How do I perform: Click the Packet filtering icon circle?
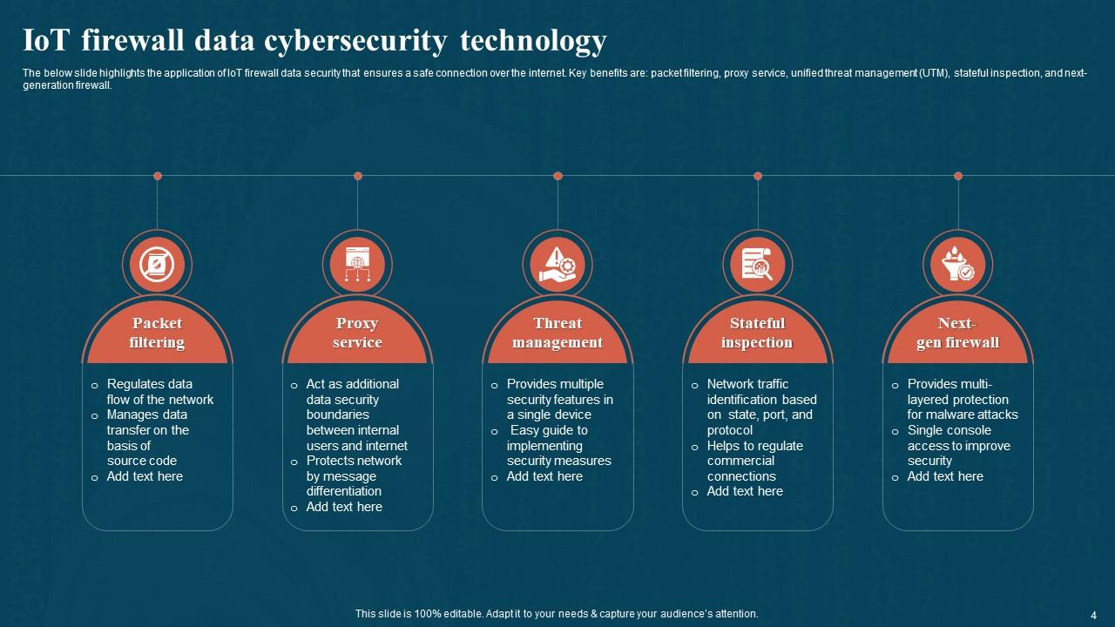click(x=157, y=265)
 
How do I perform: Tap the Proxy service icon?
click(x=357, y=265)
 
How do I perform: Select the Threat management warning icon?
click(x=557, y=265)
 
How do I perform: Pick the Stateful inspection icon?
click(x=757, y=265)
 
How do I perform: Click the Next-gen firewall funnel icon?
click(x=957, y=265)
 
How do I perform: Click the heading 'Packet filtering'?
click(x=157, y=333)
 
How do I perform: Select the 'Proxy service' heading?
click(x=357, y=333)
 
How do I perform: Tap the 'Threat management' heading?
click(x=557, y=333)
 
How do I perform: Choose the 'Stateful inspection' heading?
click(x=757, y=333)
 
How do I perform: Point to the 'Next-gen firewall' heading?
click(x=957, y=333)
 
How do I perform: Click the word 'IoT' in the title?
click(x=45, y=41)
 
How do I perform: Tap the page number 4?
click(x=1093, y=614)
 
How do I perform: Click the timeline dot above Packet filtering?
click(x=158, y=176)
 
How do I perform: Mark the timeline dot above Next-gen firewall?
click(x=958, y=176)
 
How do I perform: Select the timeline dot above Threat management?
click(x=557, y=176)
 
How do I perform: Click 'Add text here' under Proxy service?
click(x=344, y=507)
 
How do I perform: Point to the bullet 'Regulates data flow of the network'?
click(x=159, y=392)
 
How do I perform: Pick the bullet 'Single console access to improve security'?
click(x=958, y=445)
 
